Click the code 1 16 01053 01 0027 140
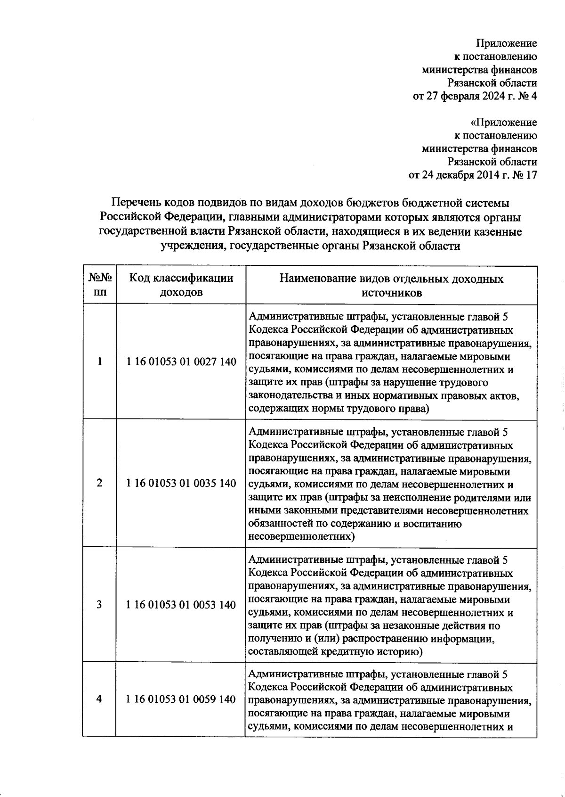click(x=181, y=362)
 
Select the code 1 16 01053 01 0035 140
click(x=181, y=483)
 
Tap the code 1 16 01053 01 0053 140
click(x=181, y=605)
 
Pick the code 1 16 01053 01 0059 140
click(x=181, y=699)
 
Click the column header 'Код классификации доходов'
click(x=181, y=285)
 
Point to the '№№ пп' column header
click(x=99, y=285)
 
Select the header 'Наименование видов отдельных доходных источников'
click(x=391, y=285)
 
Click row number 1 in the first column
click(x=99, y=362)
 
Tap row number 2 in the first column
click(x=99, y=483)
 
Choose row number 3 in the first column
click(x=99, y=605)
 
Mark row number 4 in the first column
click(x=99, y=699)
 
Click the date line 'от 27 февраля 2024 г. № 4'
click(x=475, y=97)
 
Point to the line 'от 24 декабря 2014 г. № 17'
click(x=472, y=175)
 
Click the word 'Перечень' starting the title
click(x=137, y=203)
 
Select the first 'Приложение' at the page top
click(x=507, y=44)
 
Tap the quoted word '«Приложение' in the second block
click(x=503, y=123)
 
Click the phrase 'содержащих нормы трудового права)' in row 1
click(x=339, y=409)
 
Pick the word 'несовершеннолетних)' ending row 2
click(x=301, y=536)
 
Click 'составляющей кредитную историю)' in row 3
click(x=335, y=652)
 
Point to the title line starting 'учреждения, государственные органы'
click(x=310, y=246)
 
